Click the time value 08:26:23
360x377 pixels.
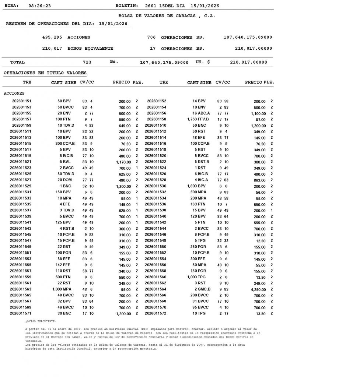pos(39,6)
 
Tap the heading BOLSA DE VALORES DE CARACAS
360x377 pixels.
pos(167,16)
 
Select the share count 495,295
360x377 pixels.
pos(52,37)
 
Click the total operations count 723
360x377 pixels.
pos(87,62)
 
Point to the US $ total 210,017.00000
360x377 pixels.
pos(248,62)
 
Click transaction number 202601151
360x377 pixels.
pos(22,101)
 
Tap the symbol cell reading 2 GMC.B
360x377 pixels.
pos(201,289)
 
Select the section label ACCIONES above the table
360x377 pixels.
pos(14,94)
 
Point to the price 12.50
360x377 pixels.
pos(261,241)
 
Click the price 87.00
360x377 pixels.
pos(261,119)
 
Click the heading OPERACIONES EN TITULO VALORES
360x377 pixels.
pos(45,73)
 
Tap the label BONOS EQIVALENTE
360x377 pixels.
pos(90,48)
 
